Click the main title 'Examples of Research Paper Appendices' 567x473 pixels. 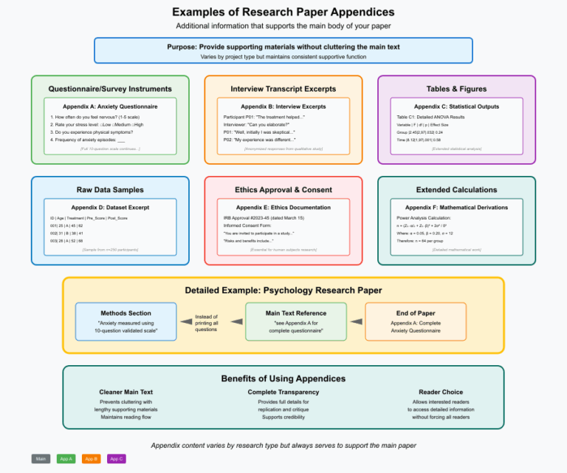click(x=283, y=12)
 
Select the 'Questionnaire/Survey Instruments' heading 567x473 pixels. click(x=110, y=89)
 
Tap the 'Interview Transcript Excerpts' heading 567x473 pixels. click(x=283, y=89)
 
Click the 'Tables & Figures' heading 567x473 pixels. click(x=456, y=89)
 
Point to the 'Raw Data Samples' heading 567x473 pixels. click(x=110, y=190)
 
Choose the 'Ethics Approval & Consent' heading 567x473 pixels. click(x=283, y=190)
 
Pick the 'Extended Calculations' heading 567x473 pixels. click(x=456, y=190)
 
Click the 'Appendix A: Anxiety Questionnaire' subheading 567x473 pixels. click(x=110, y=106)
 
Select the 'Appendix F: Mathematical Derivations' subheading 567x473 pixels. click(x=456, y=208)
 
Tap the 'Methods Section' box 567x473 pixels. click(x=126, y=321)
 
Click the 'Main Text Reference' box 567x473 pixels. click(x=295, y=321)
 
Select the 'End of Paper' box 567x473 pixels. click(x=415, y=321)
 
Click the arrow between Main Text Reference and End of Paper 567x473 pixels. click(x=356, y=321)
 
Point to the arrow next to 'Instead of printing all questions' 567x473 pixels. click(x=186, y=321)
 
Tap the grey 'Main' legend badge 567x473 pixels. click(x=41, y=458)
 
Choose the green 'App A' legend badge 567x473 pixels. click(x=66, y=458)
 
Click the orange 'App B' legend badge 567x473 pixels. click(x=92, y=458)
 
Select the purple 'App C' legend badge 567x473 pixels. click(x=117, y=458)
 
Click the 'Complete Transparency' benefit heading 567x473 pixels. click(x=283, y=392)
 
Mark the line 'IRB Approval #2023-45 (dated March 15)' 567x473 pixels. click(x=263, y=218)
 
